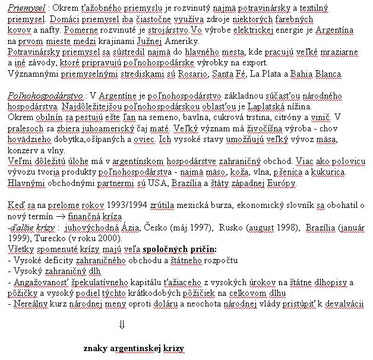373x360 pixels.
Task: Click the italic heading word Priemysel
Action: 26,11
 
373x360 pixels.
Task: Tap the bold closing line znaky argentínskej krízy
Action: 134,348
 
